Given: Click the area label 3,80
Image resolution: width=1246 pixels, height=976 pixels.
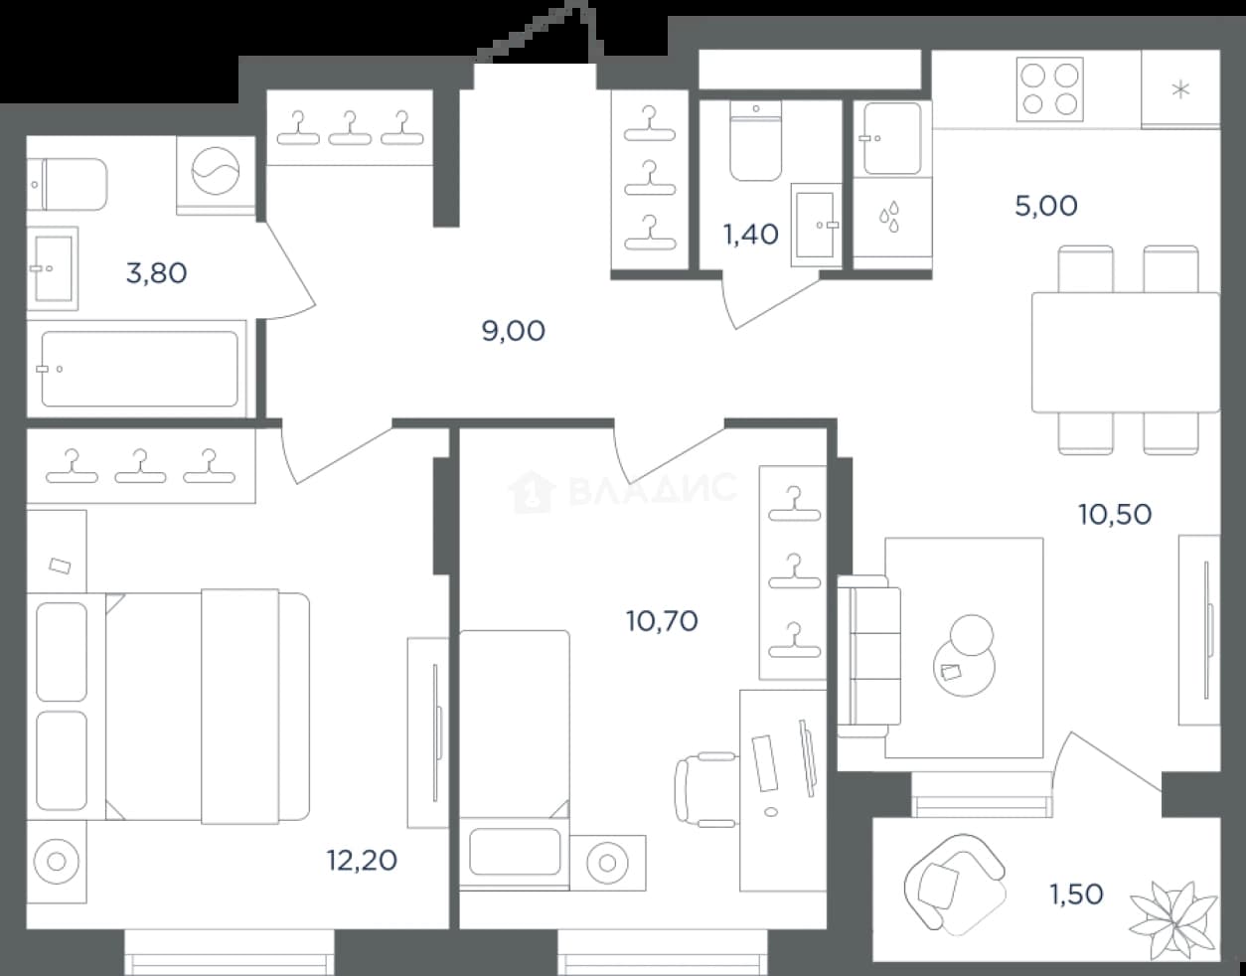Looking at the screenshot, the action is click(x=157, y=273).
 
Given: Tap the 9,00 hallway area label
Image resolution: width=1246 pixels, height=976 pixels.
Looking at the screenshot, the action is click(x=513, y=331).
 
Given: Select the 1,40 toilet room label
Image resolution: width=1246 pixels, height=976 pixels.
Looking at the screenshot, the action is click(x=750, y=234).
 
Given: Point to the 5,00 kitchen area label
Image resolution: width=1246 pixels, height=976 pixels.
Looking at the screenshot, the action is click(x=1046, y=206).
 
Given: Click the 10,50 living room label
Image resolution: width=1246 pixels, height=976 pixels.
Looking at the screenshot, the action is click(x=1115, y=514).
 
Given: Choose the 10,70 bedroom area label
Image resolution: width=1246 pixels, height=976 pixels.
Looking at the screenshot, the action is click(x=663, y=620).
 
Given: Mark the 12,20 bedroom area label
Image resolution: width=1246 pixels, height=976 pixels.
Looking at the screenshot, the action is click(x=362, y=860).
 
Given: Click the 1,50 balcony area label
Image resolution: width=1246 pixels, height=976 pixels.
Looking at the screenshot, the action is click(x=1076, y=894).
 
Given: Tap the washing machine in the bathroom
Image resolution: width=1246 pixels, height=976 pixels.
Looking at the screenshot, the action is click(x=216, y=175).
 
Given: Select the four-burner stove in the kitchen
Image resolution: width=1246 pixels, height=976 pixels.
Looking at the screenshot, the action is click(x=1049, y=89).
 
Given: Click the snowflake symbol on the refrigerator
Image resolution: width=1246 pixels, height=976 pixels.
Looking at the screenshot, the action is click(x=1180, y=90).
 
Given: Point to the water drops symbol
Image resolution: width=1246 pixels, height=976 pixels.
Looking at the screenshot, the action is click(x=890, y=218).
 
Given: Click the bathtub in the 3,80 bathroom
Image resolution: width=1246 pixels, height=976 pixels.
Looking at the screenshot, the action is click(x=139, y=369).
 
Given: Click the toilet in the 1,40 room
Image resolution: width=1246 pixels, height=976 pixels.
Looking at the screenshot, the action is click(x=756, y=141).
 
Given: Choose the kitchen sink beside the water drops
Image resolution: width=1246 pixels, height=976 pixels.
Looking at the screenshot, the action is click(x=892, y=138).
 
